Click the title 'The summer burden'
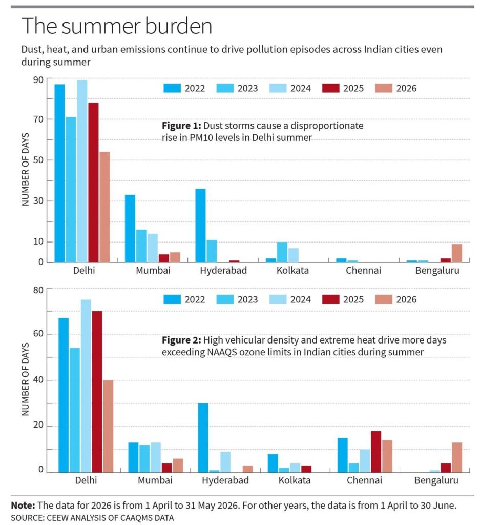pyautogui.click(x=117, y=26)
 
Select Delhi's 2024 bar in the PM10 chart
pyautogui.click(x=82, y=171)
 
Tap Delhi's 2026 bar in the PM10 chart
pyautogui.click(x=104, y=207)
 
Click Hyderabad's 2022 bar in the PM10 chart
pyautogui.click(x=200, y=226)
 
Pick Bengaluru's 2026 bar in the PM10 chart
pyautogui.click(x=456, y=253)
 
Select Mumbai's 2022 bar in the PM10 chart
pyautogui.click(x=130, y=228)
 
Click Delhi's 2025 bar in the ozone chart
pyautogui.click(x=97, y=392)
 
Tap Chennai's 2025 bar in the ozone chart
pyautogui.click(x=376, y=452)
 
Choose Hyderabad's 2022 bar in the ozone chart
pyautogui.click(x=203, y=438)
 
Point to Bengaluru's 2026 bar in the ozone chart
pyautogui.click(x=456, y=457)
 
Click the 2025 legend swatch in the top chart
pyautogui.click(x=331, y=88)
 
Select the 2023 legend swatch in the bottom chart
pyautogui.click(x=225, y=299)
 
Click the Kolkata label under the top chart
pyautogui.click(x=292, y=270)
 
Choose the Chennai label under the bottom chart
pyautogui.click(x=364, y=480)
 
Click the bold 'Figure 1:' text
pyautogui.click(x=182, y=126)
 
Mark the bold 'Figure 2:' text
pyautogui.click(x=182, y=340)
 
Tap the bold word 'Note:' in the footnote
pyautogui.click(x=23, y=505)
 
